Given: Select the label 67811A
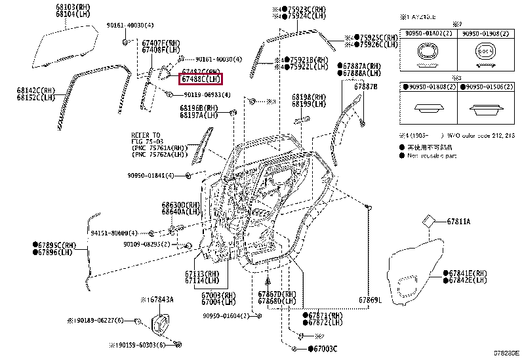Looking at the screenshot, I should point(458,222).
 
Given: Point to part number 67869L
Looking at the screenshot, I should point(370,300).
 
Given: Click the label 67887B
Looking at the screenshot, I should point(366,87).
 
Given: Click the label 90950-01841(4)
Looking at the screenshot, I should point(152,176).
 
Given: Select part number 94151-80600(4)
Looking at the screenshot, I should point(115,233).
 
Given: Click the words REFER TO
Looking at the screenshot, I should point(146,134).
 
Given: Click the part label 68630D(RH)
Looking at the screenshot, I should point(181,205).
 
